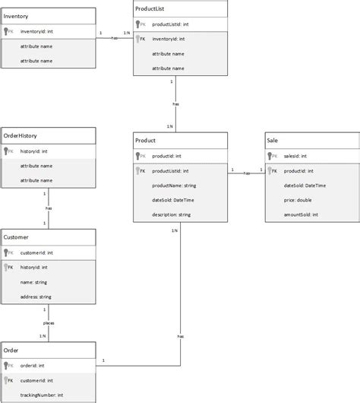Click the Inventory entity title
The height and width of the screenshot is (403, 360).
17,16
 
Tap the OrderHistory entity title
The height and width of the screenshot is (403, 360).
21,135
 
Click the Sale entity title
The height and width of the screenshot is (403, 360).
273,141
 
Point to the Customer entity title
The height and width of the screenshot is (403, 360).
17,237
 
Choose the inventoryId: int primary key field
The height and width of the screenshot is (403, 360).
36,32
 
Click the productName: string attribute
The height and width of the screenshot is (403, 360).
175,185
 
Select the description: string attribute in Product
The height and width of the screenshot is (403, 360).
172,214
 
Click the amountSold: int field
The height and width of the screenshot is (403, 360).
302,214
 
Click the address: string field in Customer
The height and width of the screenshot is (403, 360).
36,296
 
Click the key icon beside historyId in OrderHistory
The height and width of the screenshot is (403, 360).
8,151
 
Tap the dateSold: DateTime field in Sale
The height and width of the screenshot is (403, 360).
305,185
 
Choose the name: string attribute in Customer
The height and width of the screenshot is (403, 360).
33,281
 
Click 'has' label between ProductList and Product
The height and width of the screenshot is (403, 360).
175,103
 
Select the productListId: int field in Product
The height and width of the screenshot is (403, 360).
171,171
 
